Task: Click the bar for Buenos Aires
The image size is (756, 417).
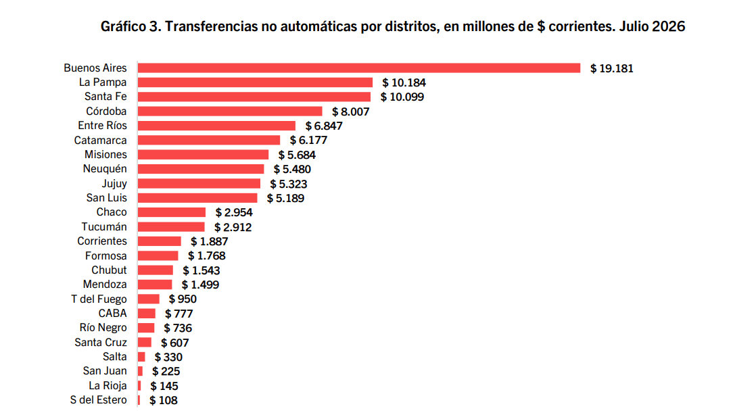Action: point(358,68)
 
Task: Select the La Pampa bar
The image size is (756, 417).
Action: point(255,82)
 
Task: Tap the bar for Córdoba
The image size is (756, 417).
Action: point(230,112)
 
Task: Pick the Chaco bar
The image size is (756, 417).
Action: point(172,212)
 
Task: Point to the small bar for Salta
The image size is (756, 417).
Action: point(141,357)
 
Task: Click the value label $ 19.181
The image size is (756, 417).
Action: point(611,68)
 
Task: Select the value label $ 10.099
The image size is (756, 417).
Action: point(402,97)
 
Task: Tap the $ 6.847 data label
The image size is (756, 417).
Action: point(324,126)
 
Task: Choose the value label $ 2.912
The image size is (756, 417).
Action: point(233,227)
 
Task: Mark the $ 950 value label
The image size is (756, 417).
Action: point(183,299)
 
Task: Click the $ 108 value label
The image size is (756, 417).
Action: point(164,400)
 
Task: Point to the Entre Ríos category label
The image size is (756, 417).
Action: point(102,125)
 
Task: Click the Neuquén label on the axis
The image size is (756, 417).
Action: point(105,169)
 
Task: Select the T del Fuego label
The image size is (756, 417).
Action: point(99,299)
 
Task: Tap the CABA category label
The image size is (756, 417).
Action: point(112,314)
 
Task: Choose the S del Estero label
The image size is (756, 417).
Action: point(98,399)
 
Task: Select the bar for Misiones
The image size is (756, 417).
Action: point(203,155)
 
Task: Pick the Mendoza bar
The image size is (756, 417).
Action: point(155,285)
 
